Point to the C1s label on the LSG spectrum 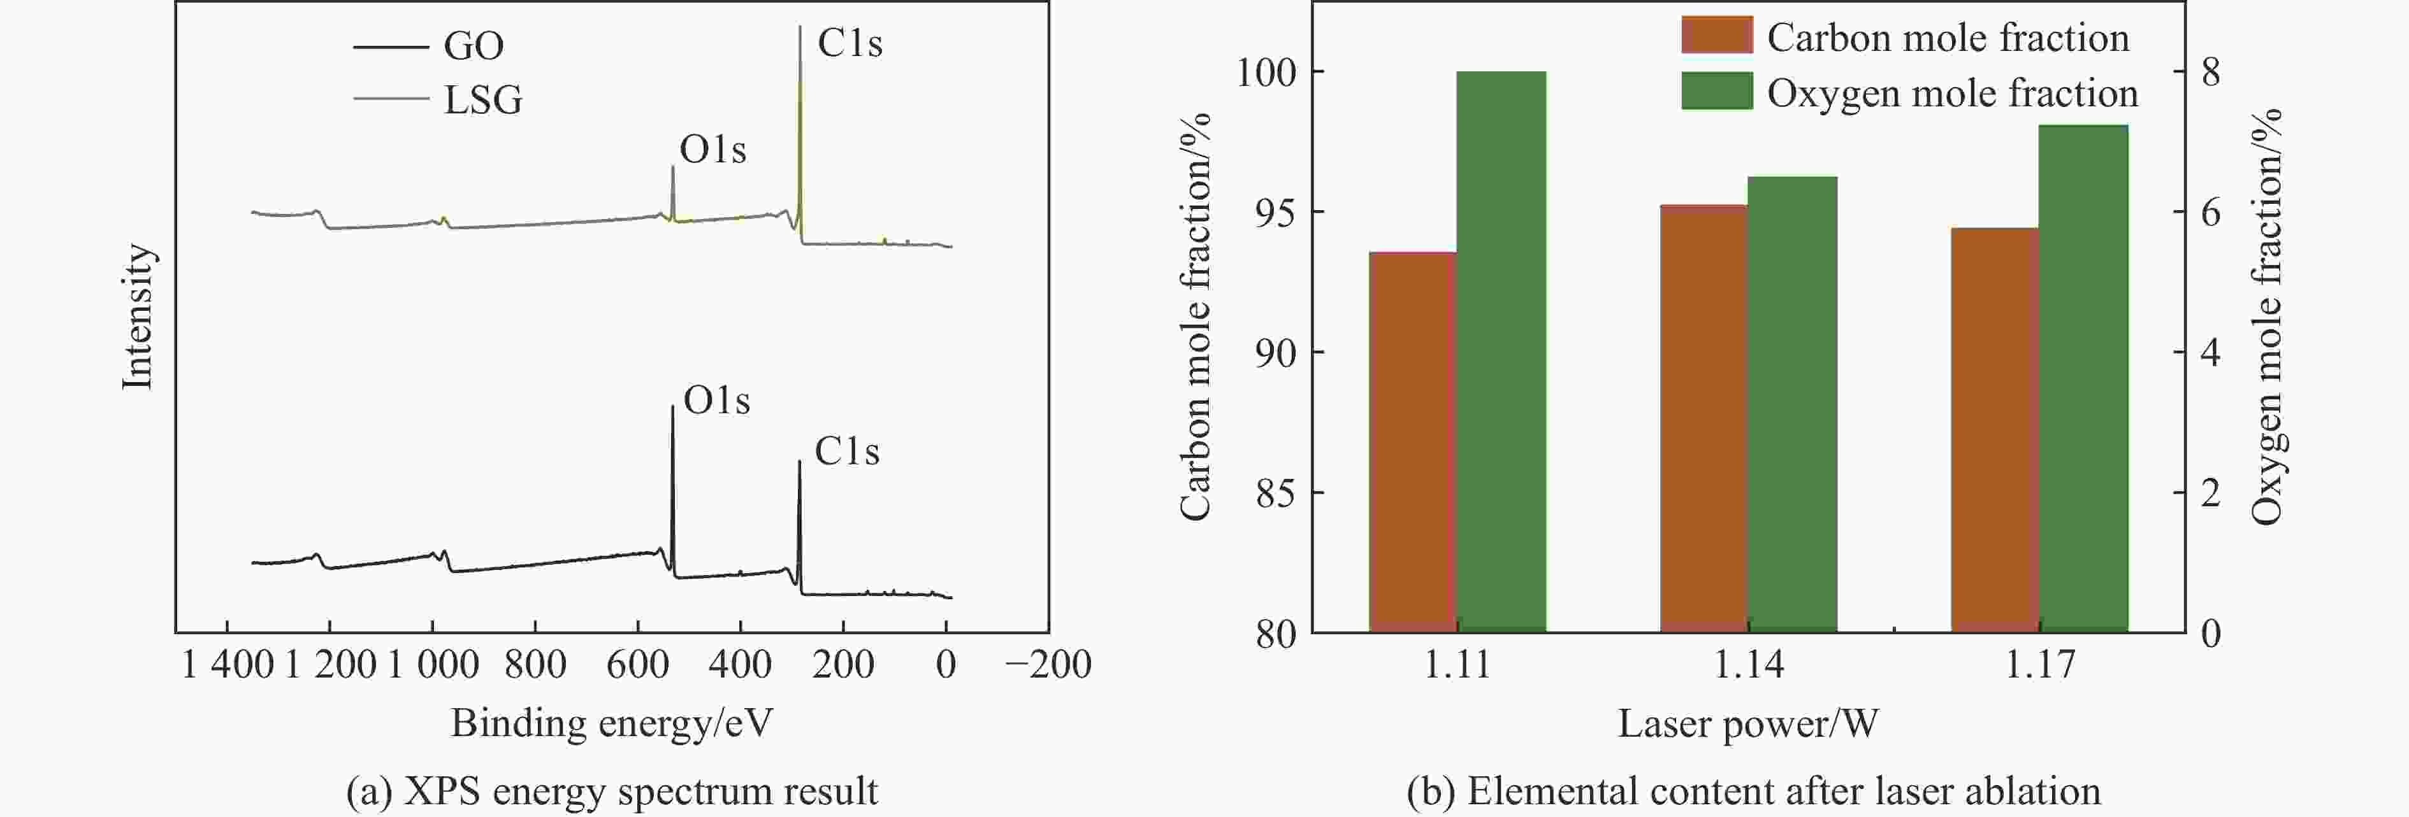click(849, 43)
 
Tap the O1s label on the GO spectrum click(716, 400)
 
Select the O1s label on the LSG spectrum click(713, 150)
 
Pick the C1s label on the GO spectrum click(846, 451)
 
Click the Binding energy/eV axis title click(612, 723)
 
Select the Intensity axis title click(138, 316)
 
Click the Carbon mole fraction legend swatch click(1716, 36)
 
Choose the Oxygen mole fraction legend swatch click(1716, 90)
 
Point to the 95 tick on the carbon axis click(1277, 212)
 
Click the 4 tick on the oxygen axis click(2210, 352)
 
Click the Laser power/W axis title click(1748, 723)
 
